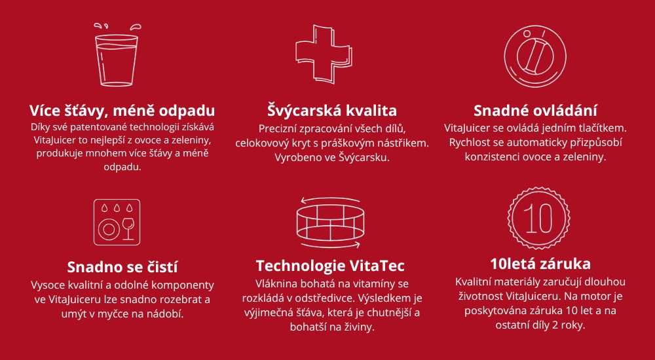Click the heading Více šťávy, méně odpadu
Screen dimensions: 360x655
[x=122, y=109]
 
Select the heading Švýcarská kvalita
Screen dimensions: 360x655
[x=332, y=109]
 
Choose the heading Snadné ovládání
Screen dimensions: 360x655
[x=535, y=109]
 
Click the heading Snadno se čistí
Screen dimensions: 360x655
[x=122, y=267]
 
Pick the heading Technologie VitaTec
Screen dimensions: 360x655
[x=330, y=266]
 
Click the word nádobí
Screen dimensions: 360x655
[x=167, y=314]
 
